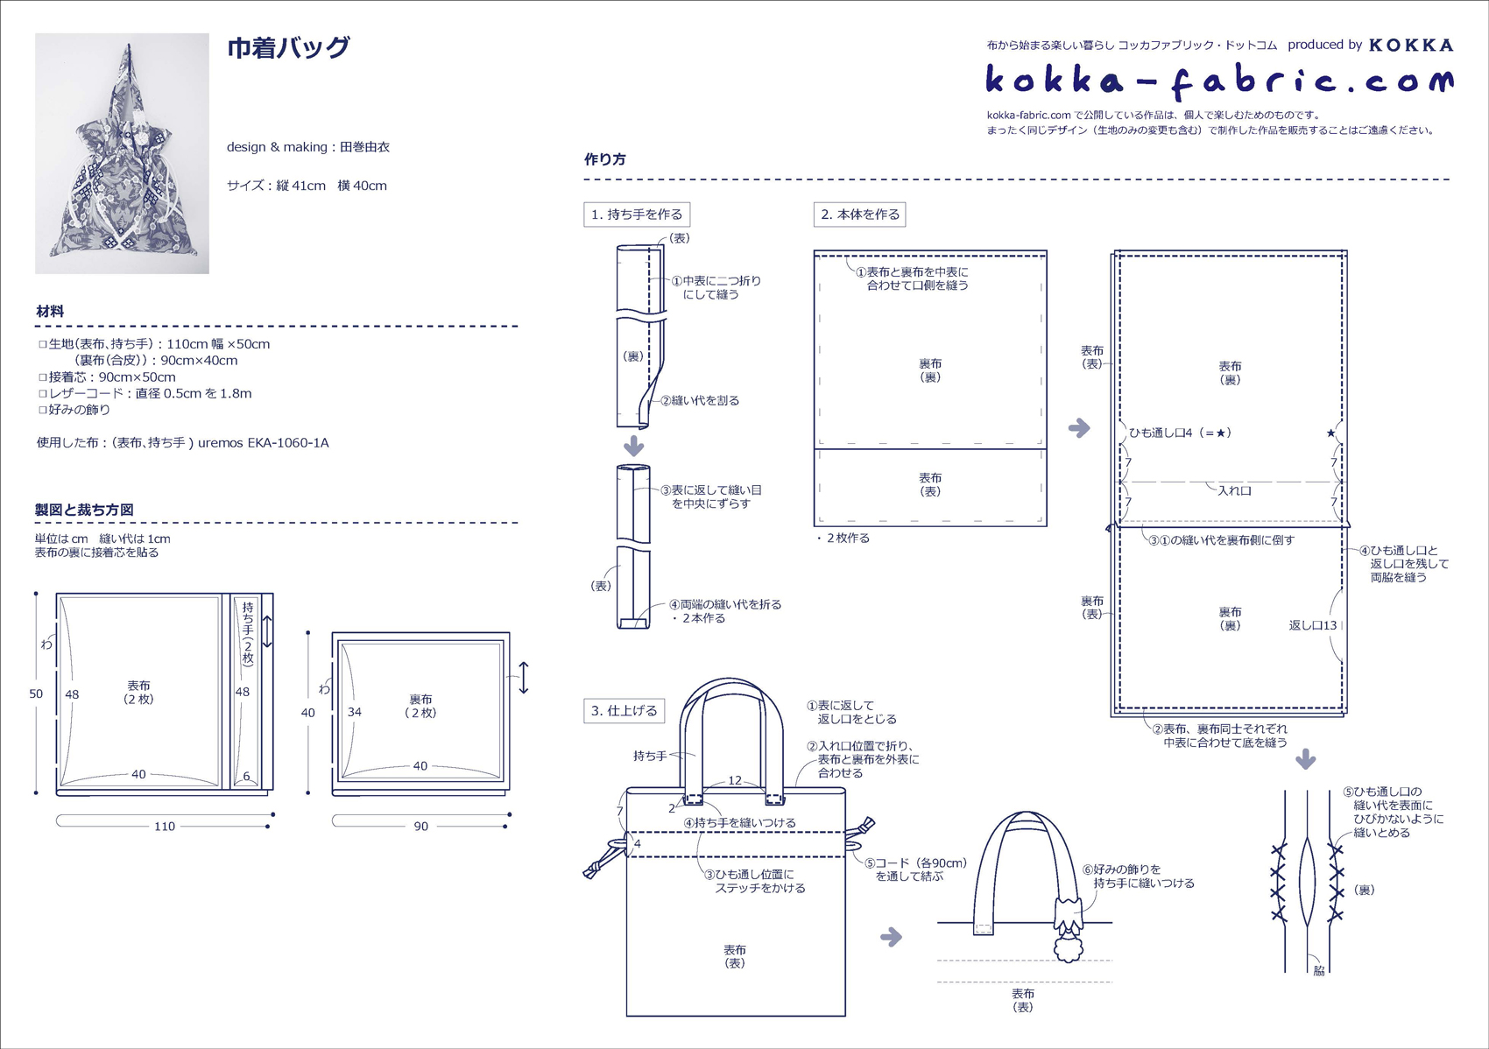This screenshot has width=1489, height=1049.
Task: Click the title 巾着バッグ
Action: [288, 47]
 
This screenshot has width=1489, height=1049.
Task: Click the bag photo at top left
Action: [122, 154]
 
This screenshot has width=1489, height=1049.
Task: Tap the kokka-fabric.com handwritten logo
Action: [1218, 81]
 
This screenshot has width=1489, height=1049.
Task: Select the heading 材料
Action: [50, 311]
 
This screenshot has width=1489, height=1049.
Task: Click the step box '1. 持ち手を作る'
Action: [637, 215]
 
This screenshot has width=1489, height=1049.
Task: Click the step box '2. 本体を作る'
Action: [860, 215]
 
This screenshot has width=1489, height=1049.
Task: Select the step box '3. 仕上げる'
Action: [624, 710]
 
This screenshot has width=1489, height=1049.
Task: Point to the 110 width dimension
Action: [165, 826]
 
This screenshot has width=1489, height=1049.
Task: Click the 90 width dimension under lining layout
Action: [420, 826]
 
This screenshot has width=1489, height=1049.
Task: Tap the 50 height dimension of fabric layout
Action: [36, 693]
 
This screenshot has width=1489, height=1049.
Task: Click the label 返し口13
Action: [1312, 625]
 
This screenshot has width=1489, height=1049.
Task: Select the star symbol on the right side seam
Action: [1330, 433]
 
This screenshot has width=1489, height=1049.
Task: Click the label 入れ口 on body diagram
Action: [1234, 490]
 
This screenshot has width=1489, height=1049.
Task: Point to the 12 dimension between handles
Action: [734, 779]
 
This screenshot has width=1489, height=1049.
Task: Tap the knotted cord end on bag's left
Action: [596, 868]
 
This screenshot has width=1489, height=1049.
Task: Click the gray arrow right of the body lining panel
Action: [1079, 428]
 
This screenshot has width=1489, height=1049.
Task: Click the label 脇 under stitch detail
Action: [1319, 971]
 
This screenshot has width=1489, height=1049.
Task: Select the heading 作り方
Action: [604, 159]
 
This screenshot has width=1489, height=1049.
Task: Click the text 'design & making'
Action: [276, 147]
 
